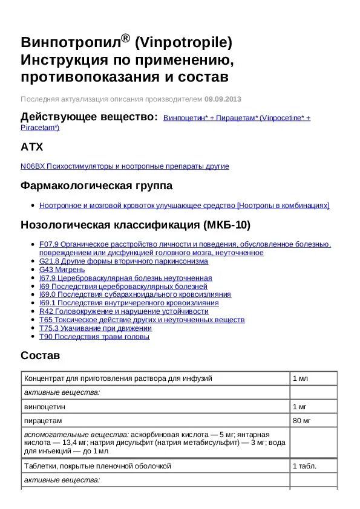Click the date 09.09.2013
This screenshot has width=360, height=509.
click(223, 99)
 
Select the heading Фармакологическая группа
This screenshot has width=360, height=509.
click(96, 186)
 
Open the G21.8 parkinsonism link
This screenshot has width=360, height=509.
click(123, 261)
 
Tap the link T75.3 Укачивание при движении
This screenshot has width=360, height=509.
click(96, 328)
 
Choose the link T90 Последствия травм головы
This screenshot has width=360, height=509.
click(94, 337)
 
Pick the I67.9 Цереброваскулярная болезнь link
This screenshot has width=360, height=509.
click(125, 278)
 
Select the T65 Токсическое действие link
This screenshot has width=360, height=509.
click(142, 320)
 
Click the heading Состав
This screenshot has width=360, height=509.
click(40, 355)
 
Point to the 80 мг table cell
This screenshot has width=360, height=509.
click(302, 420)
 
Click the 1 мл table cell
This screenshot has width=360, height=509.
click(301, 378)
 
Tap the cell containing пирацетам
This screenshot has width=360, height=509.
click(43, 420)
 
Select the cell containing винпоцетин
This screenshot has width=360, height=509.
click(46, 407)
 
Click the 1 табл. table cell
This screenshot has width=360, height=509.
click(304, 466)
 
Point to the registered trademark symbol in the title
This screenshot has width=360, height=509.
click(125, 38)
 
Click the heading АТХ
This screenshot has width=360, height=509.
click(31, 147)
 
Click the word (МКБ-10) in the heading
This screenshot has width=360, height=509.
click(227, 225)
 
